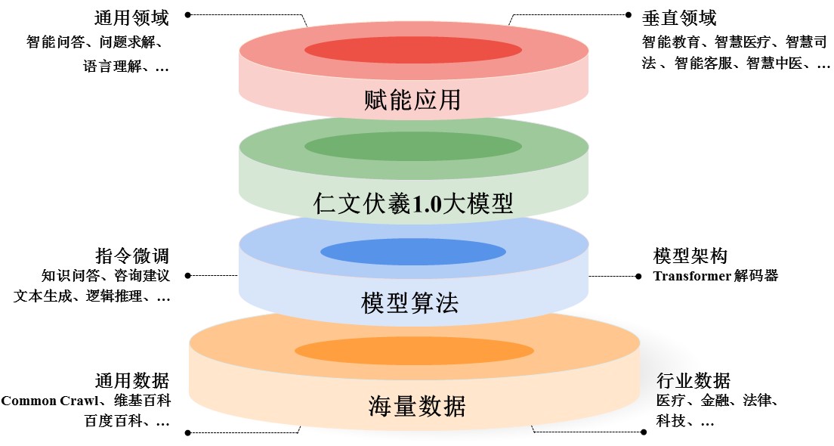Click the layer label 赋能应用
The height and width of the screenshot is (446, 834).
[x=412, y=100]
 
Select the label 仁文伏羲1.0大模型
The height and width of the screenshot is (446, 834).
[x=412, y=203]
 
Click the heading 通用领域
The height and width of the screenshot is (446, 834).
[x=131, y=17]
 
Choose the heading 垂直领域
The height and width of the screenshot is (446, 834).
[x=679, y=17]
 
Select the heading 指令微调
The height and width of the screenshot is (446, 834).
[x=131, y=255]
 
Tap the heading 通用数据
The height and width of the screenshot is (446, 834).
[x=131, y=379]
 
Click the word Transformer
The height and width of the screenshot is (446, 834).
[x=690, y=276]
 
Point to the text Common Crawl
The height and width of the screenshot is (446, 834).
[x=50, y=401]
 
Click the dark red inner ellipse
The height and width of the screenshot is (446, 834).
[x=412, y=50]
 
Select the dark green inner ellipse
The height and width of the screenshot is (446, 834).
[x=412, y=146]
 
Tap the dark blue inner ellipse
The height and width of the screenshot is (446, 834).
[x=412, y=251]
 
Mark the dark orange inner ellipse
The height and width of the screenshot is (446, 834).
[x=413, y=351]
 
